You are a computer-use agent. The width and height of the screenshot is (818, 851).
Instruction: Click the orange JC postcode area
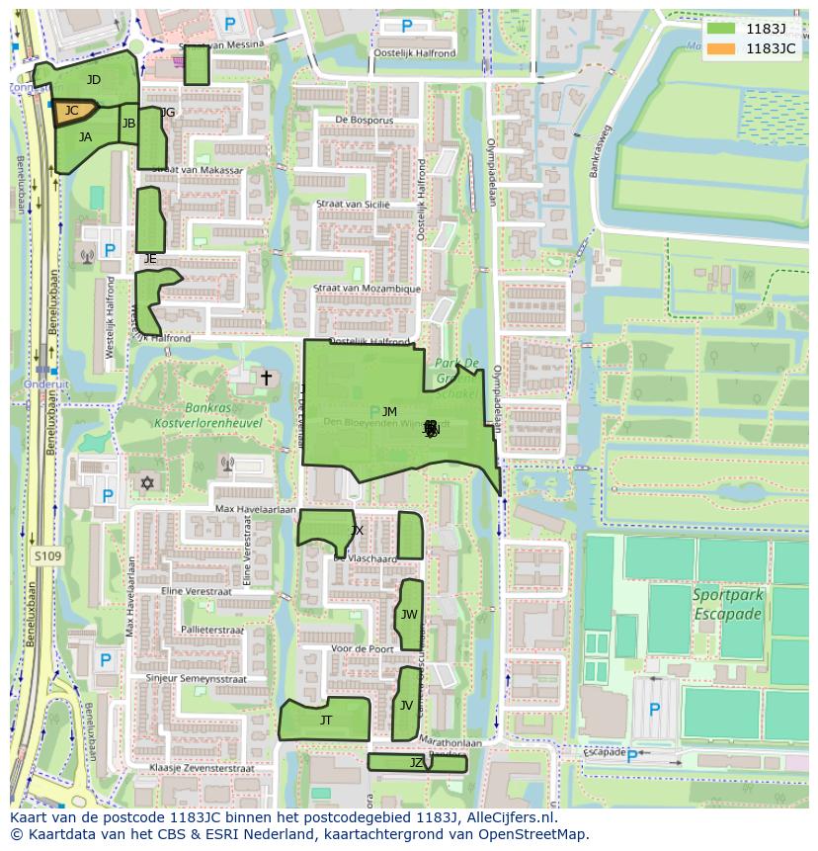73,112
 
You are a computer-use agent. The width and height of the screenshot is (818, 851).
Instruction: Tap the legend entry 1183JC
771,47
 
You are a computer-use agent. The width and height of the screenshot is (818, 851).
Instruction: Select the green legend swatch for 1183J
721,29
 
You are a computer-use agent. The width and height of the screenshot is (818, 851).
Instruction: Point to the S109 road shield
46,557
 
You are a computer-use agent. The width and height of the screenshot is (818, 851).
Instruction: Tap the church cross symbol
265,378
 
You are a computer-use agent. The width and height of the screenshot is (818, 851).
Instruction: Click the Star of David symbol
149,483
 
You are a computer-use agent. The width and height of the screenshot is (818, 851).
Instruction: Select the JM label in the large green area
389,412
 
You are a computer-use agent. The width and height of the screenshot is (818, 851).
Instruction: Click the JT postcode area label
326,721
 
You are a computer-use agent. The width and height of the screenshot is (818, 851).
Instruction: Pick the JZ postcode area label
416,763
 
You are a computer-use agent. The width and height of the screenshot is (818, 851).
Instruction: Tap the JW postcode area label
409,615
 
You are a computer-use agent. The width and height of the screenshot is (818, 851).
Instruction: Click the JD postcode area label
94,80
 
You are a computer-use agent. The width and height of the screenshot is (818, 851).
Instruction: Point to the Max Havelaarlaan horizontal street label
256,509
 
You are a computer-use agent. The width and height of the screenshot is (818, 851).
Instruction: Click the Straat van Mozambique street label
367,289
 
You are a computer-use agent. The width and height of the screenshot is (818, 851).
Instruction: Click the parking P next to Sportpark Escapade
653,709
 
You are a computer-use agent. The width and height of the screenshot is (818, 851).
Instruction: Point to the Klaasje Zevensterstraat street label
202,768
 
